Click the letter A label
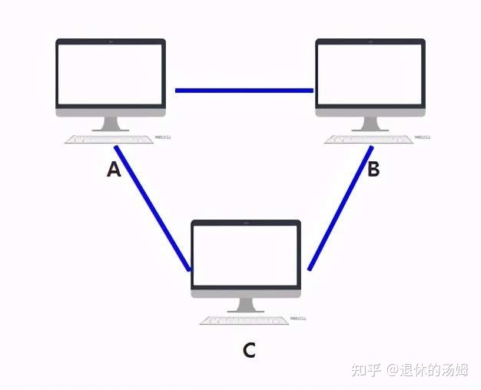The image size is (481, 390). (x=114, y=170)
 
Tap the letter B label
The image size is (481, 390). (x=373, y=170)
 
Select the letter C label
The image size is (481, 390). (x=248, y=351)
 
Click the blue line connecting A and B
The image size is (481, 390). (x=244, y=91)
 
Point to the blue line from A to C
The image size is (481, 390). (x=152, y=207)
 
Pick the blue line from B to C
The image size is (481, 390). (x=340, y=207)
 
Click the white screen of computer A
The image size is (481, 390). (x=111, y=73)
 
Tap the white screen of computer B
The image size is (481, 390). (x=370, y=73)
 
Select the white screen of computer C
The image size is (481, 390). (x=246, y=255)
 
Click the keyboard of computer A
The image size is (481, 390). (x=109, y=140)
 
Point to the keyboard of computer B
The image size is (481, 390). (x=369, y=140)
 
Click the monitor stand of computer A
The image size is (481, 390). (x=111, y=124)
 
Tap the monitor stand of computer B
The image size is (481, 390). (x=370, y=124)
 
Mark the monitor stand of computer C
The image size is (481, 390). (x=246, y=305)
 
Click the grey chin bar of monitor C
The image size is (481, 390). (x=246, y=292)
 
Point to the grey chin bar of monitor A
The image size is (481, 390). (x=111, y=111)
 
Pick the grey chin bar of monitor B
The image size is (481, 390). (x=370, y=111)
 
